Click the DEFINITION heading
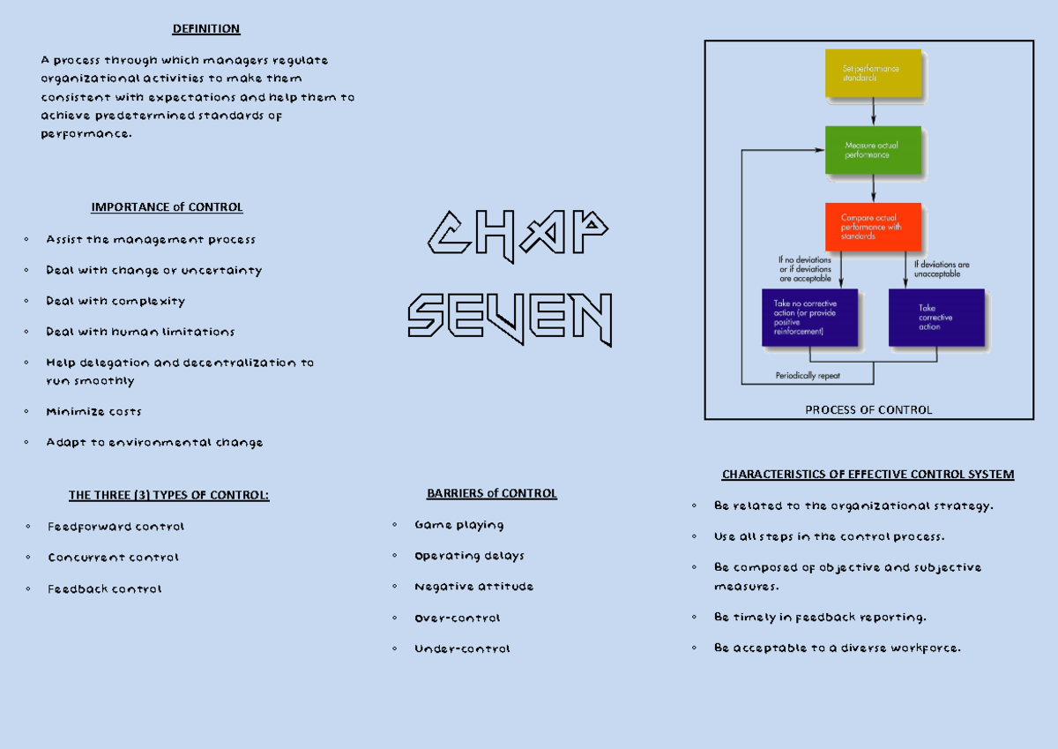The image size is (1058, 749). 206,29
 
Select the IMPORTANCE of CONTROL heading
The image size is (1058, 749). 167,207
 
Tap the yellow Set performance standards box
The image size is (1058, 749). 873,72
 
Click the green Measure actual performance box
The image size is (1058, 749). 873,150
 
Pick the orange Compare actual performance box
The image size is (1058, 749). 873,227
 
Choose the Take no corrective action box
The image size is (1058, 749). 809,318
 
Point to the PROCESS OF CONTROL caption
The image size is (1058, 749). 868,409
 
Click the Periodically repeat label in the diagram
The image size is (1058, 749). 808,375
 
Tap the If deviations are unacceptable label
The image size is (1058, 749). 942,269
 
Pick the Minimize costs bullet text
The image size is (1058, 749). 93,412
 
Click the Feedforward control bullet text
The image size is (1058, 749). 115,527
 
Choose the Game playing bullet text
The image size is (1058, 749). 458,525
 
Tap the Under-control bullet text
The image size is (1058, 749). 462,648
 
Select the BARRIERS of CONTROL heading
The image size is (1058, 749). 491,493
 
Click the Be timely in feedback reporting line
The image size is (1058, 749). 820,617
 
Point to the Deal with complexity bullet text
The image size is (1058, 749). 115,301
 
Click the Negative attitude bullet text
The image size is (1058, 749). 473,587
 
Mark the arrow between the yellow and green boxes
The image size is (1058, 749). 873,111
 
